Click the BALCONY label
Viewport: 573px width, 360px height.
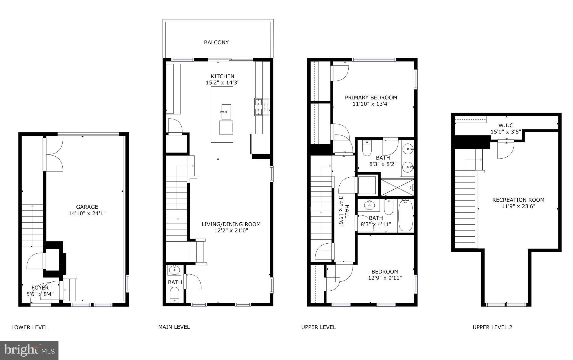coord(216,43)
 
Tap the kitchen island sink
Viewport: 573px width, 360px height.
coord(226,111)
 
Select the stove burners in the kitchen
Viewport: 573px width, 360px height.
coord(262,107)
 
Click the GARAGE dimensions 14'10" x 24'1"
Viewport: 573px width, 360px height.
coord(87,213)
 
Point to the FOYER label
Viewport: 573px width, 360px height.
coord(40,288)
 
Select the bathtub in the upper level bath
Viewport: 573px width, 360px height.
coord(406,215)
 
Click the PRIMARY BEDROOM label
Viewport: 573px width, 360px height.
coord(371,98)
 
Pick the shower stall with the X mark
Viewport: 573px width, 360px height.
coord(397,187)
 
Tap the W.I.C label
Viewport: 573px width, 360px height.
coord(506,125)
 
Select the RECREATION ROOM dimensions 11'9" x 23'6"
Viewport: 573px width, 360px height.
coord(518,206)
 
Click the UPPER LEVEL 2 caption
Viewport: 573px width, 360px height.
coord(492,327)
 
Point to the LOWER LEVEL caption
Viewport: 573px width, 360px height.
coord(30,327)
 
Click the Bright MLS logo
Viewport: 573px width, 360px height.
coord(29,350)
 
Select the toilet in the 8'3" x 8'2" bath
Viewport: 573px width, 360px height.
coord(367,149)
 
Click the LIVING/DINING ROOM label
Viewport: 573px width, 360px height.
coord(231,224)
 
